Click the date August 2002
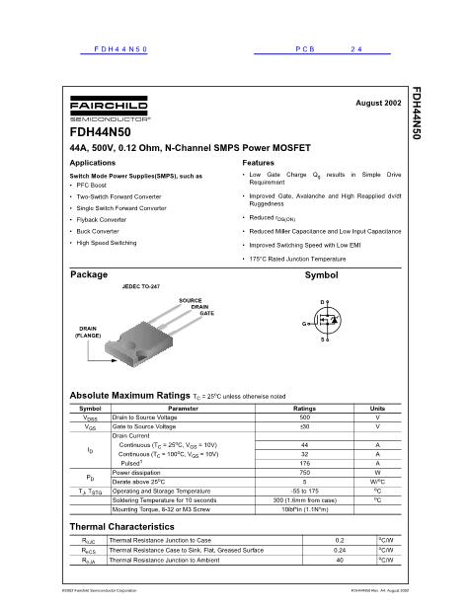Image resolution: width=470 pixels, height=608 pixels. click(377, 103)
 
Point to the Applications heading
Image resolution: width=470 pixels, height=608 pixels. click(94, 161)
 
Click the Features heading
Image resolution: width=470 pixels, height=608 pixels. click(258, 161)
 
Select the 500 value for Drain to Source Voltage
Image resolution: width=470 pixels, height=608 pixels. click(304, 417)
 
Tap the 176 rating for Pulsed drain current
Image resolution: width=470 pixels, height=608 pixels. click(304, 462)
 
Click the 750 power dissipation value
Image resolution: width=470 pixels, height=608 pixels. click(304, 472)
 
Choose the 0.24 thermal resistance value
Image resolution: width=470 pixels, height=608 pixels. click(340, 550)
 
